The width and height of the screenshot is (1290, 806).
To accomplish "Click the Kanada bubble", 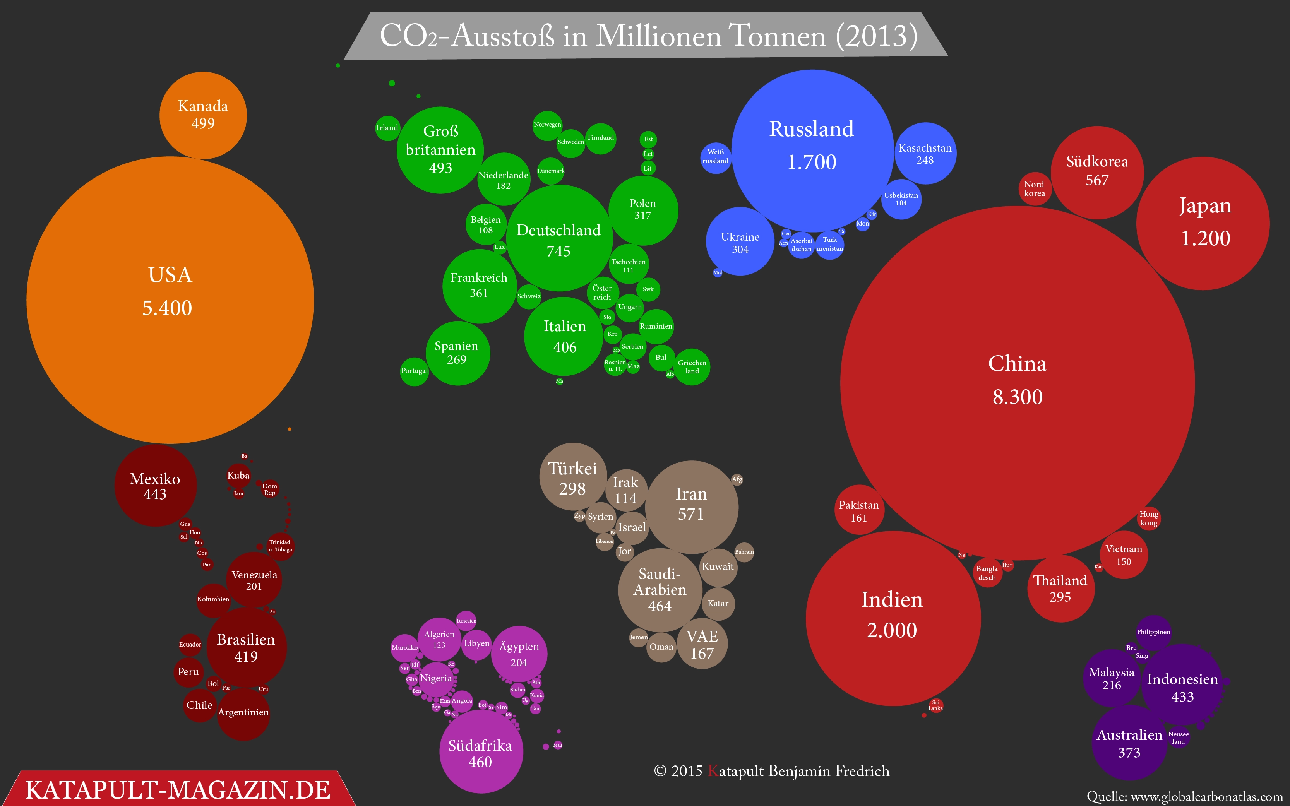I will click(x=203, y=115).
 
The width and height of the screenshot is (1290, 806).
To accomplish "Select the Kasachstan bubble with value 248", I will click(x=925, y=154).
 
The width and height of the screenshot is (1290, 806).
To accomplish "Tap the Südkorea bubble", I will click(x=1097, y=172).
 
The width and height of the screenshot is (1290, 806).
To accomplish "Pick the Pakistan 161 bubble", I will click(x=859, y=511).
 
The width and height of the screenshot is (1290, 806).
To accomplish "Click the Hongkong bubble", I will click(x=1149, y=518).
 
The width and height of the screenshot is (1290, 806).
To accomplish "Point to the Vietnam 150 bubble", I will click(x=1124, y=555).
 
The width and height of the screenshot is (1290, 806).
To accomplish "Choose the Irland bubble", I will click(x=387, y=128).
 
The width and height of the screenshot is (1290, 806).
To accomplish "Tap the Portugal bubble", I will click(x=414, y=371).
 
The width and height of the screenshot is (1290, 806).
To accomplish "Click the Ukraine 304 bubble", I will click(x=740, y=242).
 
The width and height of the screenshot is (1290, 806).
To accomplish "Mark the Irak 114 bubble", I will click(x=626, y=490).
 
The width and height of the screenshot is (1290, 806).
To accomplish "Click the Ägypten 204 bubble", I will click(x=519, y=654).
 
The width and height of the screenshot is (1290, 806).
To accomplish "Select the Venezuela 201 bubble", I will click(x=254, y=580).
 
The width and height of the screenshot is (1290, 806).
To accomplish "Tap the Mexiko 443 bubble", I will click(x=155, y=486).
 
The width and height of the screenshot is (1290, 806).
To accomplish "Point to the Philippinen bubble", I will click(x=1153, y=632).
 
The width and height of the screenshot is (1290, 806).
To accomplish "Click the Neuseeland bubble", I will click(x=1179, y=738).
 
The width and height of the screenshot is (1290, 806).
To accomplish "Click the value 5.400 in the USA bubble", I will click(x=167, y=308).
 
